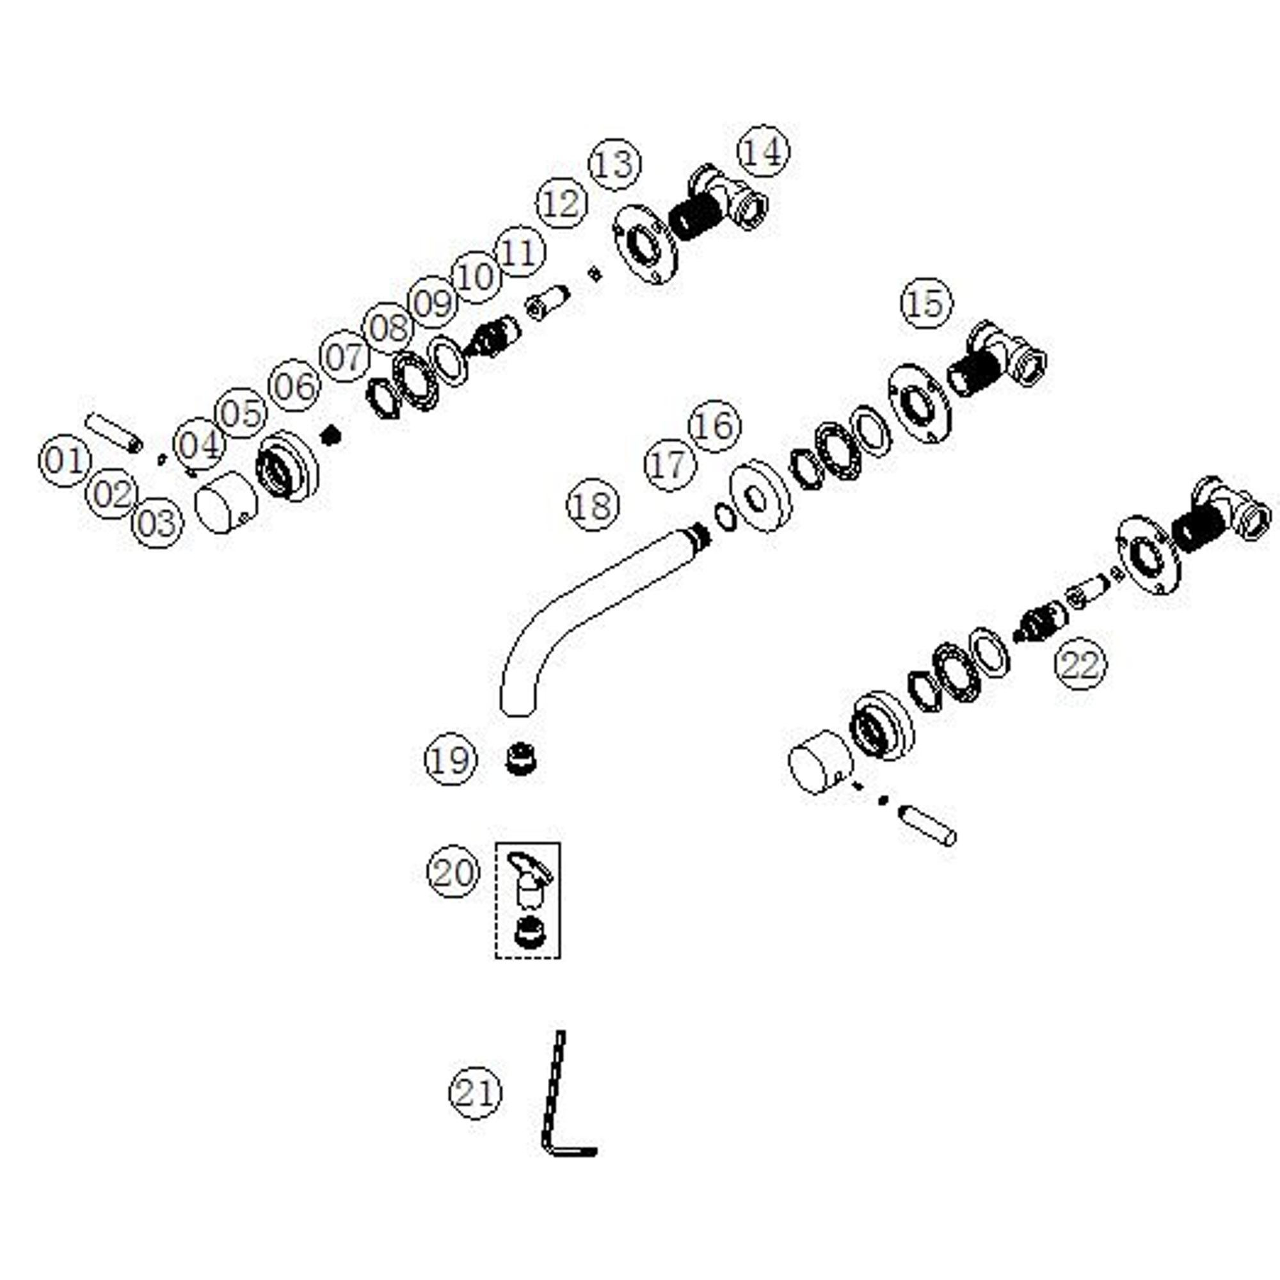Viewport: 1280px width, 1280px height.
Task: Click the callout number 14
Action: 764,150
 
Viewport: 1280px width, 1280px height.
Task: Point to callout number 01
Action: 65,460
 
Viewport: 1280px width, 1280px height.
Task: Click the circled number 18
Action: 593,506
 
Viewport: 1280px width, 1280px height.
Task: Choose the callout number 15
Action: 926,304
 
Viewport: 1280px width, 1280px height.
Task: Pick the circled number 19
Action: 451,759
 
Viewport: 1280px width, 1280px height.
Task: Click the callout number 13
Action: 615,164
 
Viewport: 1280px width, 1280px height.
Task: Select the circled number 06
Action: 294,385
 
